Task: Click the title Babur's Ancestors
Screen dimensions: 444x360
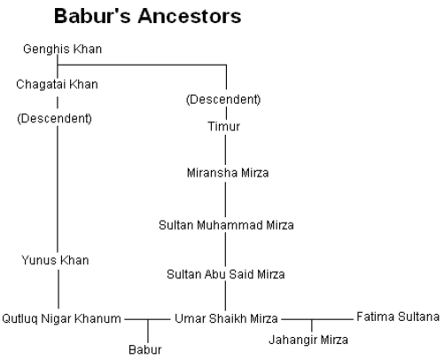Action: click(148, 16)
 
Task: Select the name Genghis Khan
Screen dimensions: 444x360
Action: click(62, 49)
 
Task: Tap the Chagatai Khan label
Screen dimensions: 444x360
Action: click(57, 84)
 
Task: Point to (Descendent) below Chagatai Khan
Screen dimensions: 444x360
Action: click(55, 119)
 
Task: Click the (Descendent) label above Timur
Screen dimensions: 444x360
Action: click(223, 99)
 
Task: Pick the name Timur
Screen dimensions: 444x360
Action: click(224, 127)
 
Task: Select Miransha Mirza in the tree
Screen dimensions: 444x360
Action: click(228, 173)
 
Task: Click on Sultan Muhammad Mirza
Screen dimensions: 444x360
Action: click(226, 225)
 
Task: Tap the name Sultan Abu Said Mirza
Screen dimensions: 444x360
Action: click(226, 274)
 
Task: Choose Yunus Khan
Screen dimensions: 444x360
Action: click(55, 261)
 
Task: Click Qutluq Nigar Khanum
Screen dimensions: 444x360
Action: click(61, 319)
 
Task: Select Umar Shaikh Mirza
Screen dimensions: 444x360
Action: click(226, 318)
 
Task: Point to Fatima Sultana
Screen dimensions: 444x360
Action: click(398, 317)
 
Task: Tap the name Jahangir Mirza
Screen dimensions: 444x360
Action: click(308, 340)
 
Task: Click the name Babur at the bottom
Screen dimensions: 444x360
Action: click(145, 350)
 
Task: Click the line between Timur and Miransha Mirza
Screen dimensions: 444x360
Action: click(226, 150)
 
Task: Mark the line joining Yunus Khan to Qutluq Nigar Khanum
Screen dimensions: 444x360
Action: click(58, 289)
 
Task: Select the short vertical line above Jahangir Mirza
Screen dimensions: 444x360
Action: click(312, 325)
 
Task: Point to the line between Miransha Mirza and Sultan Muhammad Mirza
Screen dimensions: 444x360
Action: click(226, 200)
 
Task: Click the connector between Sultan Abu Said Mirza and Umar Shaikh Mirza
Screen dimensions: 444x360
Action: click(226, 296)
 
